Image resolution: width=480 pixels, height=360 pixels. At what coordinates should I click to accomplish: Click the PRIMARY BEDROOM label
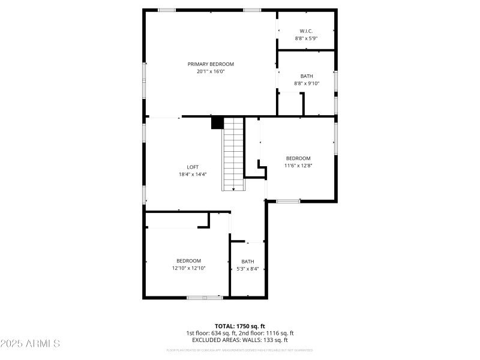pos(211,64)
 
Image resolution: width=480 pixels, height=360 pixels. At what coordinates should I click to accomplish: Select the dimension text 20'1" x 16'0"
pos(211,71)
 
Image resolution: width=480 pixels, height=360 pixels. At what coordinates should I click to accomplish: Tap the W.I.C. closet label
pos(306,31)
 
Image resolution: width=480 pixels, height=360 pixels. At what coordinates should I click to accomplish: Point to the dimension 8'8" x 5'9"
pos(306,38)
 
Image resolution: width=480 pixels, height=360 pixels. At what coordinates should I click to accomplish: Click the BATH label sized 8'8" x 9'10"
pos(307,76)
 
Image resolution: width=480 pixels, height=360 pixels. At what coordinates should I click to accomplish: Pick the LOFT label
pos(193,167)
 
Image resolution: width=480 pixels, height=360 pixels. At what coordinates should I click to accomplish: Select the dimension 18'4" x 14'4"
pos(193,174)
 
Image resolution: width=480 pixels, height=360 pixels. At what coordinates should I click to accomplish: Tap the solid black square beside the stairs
pos(217,123)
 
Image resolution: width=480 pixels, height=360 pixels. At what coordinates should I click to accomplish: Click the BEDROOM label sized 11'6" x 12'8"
pos(298,158)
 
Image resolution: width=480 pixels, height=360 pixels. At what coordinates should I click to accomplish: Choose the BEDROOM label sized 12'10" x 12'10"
pos(188,260)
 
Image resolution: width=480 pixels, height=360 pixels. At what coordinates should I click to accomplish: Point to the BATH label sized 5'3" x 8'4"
pos(248,262)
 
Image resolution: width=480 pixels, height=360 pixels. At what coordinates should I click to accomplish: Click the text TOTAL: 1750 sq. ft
pos(240,326)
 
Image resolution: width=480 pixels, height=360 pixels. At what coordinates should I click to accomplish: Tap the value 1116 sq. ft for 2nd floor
pos(278,333)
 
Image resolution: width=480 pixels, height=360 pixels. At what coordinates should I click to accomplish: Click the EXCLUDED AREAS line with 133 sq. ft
pos(240,340)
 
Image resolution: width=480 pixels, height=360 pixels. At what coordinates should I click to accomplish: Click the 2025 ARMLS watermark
pos(30,344)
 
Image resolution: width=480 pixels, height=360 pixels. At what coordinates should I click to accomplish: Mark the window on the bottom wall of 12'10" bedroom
pos(205,298)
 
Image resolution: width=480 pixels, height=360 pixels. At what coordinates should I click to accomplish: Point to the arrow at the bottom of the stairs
pos(233,189)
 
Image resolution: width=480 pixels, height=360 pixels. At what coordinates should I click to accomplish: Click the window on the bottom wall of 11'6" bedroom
pos(288,201)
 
